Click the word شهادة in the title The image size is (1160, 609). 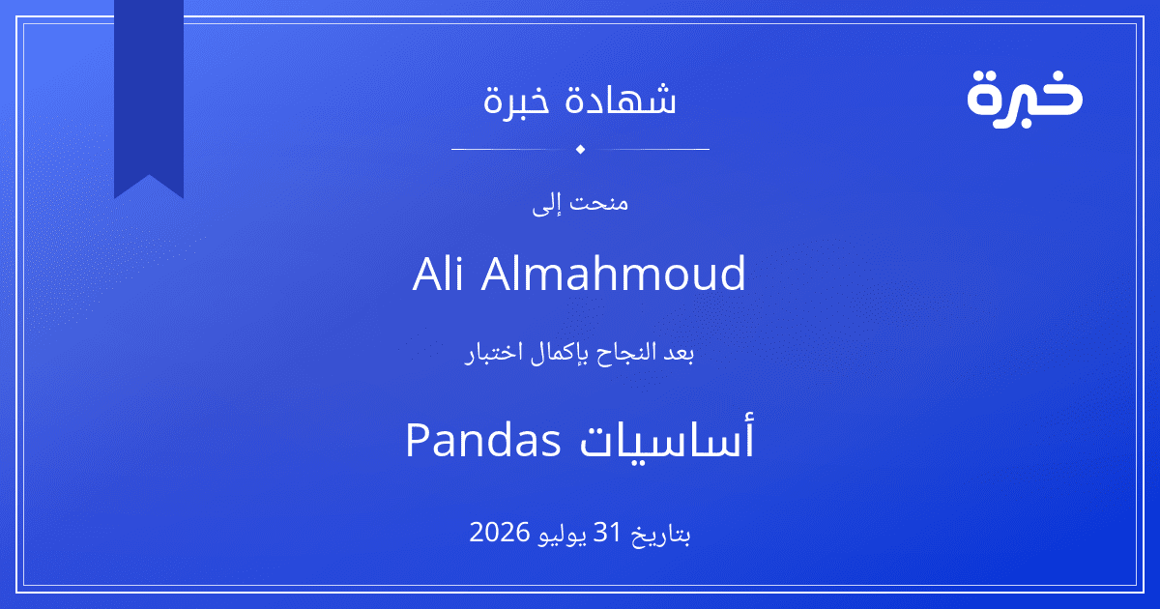point(621,99)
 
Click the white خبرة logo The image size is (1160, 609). point(1025,99)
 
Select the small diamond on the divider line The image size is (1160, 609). point(580,149)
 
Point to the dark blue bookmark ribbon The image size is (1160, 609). point(149,93)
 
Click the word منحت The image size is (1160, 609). point(599,202)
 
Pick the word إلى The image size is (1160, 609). point(547,204)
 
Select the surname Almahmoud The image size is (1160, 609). point(613,274)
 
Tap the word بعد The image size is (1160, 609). point(679,353)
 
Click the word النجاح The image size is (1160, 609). point(626,353)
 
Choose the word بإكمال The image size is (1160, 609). point(561,354)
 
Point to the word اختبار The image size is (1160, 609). point(495,354)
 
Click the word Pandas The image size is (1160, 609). point(483,441)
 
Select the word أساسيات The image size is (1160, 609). point(666,437)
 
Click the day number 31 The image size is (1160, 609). point(607,532)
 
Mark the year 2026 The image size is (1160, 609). point(500,533)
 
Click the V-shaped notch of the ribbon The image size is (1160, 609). point(149,176)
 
